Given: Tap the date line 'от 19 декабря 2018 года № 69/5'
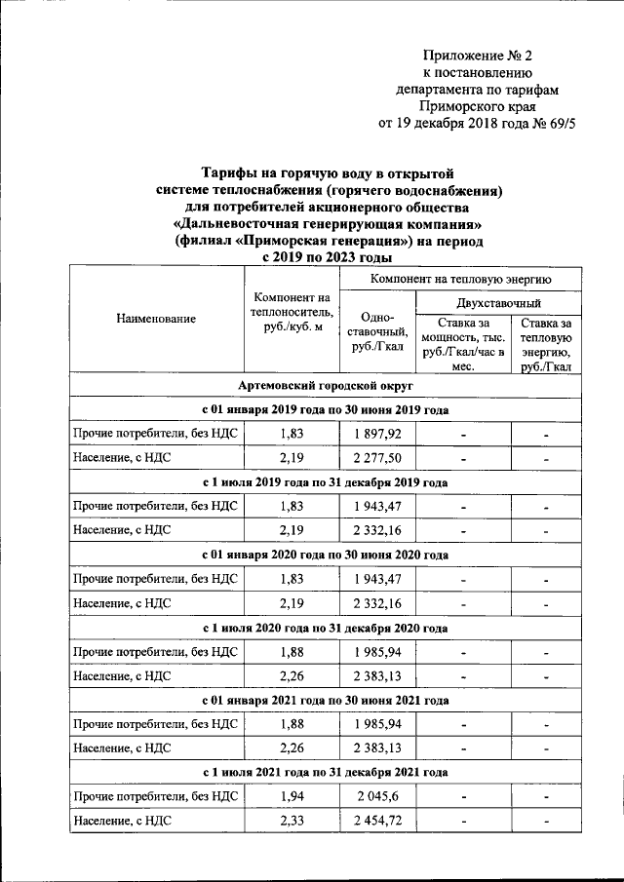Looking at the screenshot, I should point(476,124).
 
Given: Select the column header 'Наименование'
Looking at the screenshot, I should point(156,319).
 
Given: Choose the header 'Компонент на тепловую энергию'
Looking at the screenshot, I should point(460,280).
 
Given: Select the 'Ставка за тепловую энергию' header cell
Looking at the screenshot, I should point(546,344).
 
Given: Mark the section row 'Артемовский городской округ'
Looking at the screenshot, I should point(326,387).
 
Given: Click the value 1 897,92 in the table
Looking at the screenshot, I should point(376,434).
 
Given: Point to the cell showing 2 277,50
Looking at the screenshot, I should point(376,458).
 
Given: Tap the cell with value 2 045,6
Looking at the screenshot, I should point(376,797).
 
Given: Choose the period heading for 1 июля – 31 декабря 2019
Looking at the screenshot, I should point(326,482).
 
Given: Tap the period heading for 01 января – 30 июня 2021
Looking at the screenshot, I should point(326,701).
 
